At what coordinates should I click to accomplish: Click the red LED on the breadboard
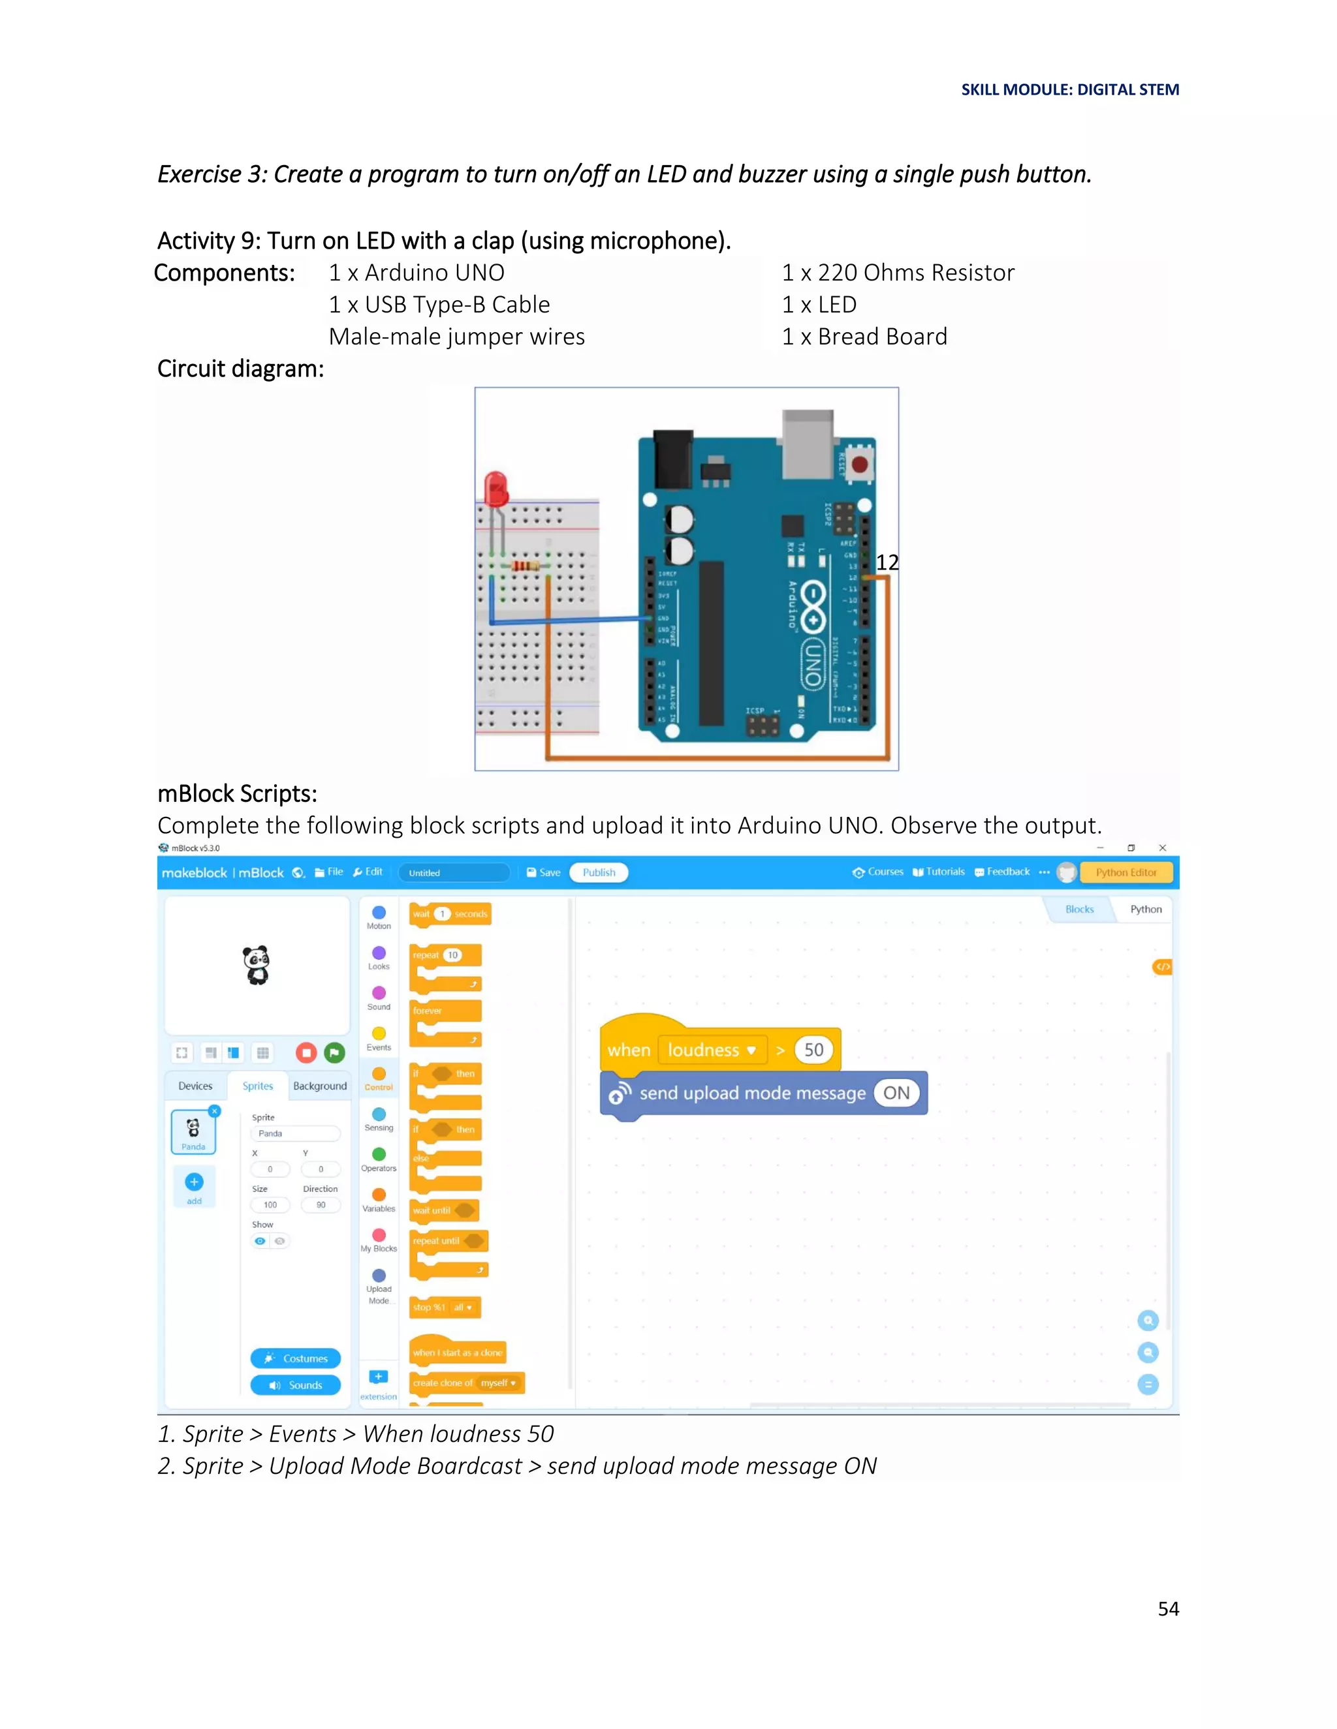pos(496,489)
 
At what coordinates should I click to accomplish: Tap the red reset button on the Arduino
pos(859,464)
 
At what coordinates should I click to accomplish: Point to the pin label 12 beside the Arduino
pos(887,562)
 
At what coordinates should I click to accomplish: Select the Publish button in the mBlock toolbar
pos(599,872)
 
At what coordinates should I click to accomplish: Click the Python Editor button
pos(1125,872)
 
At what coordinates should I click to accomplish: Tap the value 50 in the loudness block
pos(813,1050)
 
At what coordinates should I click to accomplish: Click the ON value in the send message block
pos(896,1094)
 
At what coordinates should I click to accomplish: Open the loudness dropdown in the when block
pos(751,1050)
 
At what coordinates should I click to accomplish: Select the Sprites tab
pos(257,1086)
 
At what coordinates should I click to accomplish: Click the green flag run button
pos(334,1052)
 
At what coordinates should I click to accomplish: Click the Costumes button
pos(296,1358)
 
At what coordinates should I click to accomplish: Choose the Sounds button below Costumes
pos(296,1385)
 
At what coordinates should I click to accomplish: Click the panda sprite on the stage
pos(256,965)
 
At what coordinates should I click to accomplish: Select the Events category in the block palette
pos(379,1038)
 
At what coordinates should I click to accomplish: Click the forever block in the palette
pos(445,1011)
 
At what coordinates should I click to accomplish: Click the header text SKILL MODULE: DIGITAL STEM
pos(1069,89)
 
